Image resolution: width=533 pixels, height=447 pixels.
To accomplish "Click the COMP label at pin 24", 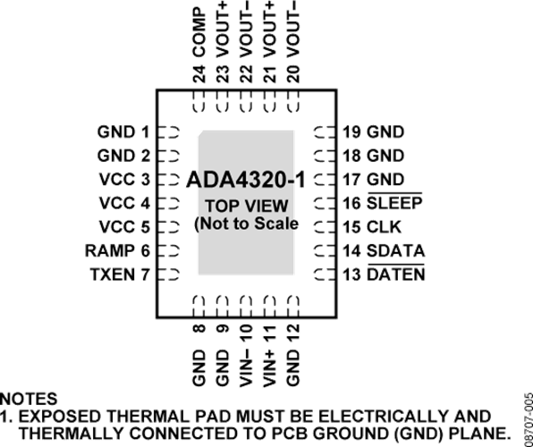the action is pos(199,33).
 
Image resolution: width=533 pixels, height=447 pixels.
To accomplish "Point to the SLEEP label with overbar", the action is pos(394,203).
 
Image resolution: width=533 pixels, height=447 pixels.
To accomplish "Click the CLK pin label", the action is pos(385,227).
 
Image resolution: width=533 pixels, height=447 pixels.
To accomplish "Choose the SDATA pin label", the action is pos(395,251).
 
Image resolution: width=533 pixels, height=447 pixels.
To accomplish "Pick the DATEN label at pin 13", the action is pos(396,274).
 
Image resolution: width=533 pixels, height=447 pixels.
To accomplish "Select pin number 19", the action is pos(351,132).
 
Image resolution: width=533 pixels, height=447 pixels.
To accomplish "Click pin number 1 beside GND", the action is pos(145,132).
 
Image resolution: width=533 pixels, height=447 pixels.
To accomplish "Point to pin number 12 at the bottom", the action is pos(293,333).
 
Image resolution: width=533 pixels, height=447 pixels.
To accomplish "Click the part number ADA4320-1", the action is pos(246,180).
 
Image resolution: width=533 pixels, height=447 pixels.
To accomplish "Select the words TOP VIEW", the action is pos(247,206).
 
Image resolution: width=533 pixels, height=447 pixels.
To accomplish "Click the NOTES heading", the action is pos(29,399).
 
